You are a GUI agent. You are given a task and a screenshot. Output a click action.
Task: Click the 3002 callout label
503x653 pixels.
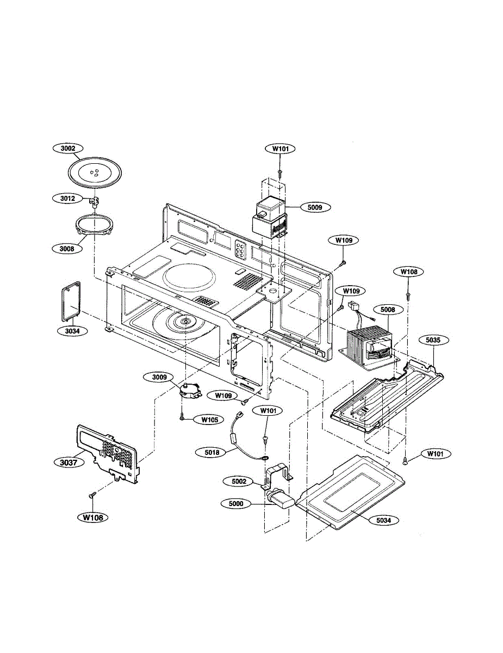68,148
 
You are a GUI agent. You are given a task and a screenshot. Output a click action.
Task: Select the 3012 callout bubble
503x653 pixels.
67,198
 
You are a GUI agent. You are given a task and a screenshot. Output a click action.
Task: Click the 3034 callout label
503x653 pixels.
72,331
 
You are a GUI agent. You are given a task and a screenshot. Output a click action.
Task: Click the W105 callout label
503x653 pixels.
209,420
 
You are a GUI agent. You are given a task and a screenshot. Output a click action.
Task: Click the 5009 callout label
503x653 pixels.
315,207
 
